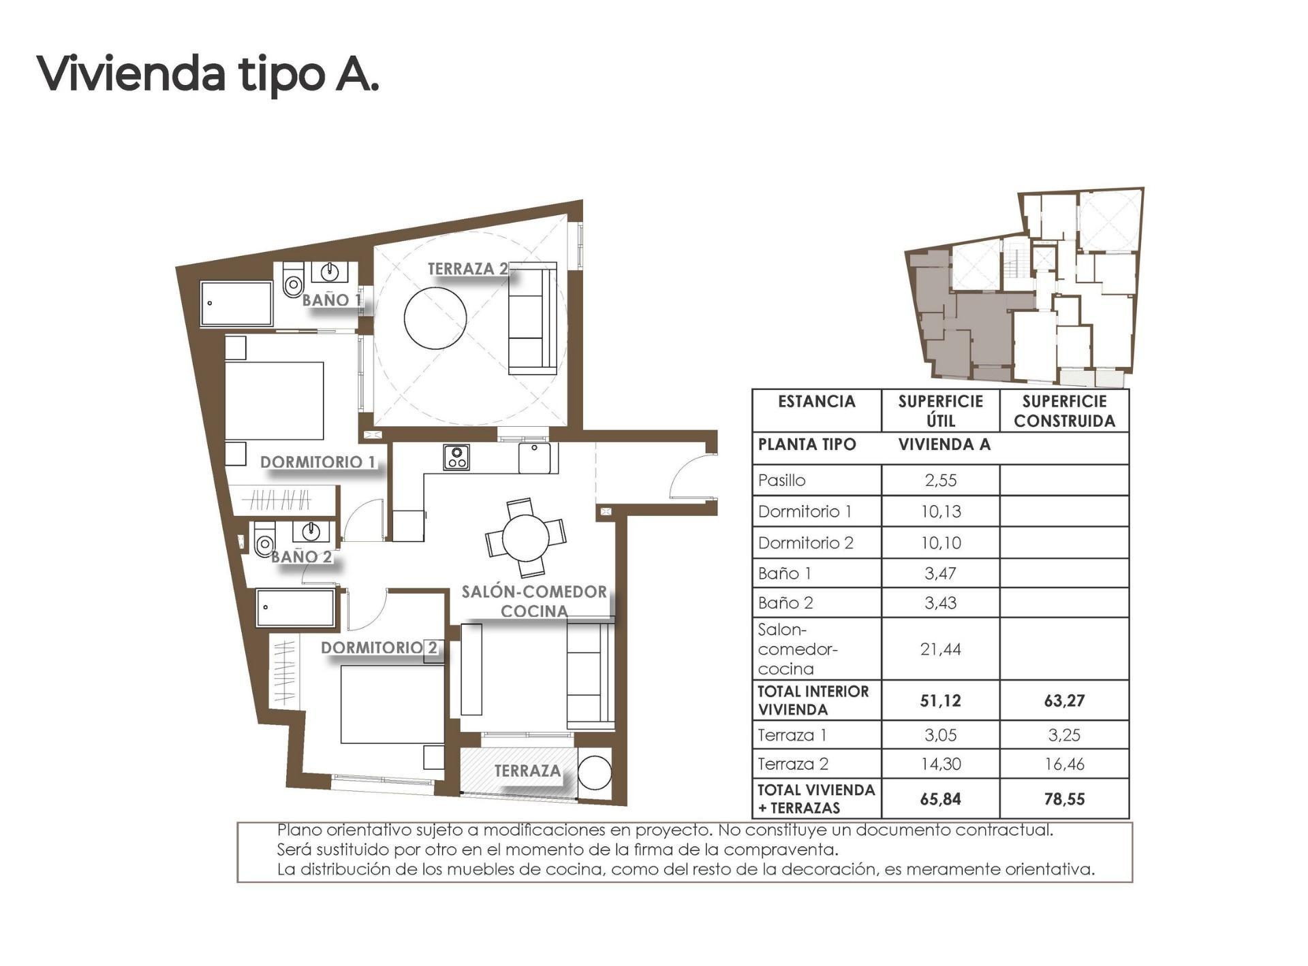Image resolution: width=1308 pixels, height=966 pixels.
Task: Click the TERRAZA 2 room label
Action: (467, 269)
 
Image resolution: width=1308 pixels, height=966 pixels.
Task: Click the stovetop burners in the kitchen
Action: (456, 457)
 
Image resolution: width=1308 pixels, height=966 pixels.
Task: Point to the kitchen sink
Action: (535, 457)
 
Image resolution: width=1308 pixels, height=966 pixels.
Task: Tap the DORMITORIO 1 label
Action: (317, 462)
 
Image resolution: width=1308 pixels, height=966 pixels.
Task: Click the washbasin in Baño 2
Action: (311, 530)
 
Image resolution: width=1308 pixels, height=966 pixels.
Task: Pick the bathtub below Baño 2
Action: (296, 607)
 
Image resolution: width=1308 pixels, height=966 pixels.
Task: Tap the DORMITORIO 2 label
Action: (379, 647)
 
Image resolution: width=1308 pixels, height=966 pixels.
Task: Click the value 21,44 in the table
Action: (940, 649)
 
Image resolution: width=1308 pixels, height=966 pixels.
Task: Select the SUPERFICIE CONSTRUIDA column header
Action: (1063, 411)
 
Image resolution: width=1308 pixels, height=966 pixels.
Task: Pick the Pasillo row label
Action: (782, 481)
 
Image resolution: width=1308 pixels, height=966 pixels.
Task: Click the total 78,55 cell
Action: (1063, 799)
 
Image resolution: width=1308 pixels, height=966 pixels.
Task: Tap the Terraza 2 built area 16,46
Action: (1063, 764)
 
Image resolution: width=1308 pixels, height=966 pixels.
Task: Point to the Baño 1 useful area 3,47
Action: (940, 573)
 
